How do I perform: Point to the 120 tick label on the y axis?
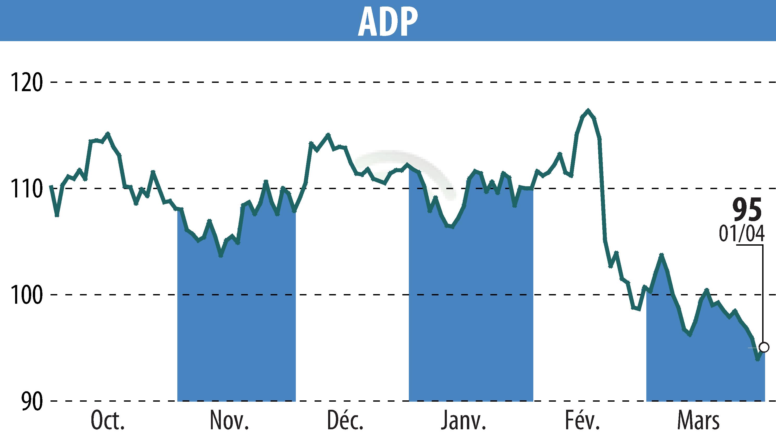coord(26,82)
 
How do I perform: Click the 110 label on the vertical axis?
coord(26,188)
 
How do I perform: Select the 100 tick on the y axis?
coord(26,295)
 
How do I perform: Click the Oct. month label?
coord(108,420)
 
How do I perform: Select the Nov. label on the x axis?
coord(229,420)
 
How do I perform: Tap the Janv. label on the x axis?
coord(463,420)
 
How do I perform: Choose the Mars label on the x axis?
coord(698,420)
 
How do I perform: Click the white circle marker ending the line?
coord(764,347)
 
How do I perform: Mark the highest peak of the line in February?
coord(588,110)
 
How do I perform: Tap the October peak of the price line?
coord(108,133)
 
